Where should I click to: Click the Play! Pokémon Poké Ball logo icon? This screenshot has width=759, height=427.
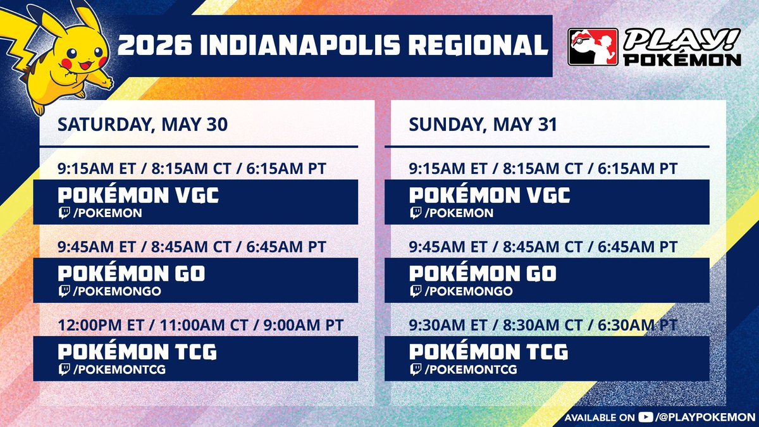[x=593, y=47]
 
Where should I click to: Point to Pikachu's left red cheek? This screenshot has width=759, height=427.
[x=67, y=63]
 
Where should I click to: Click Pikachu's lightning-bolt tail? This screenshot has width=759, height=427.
[x=15, y=37]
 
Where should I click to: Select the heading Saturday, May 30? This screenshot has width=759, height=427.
[x=142, y=125]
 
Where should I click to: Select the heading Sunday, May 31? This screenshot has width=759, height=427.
[x=483, y=125]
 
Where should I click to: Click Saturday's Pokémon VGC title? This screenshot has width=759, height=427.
[x=139, y=195]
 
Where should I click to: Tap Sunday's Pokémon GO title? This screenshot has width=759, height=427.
[x=483, y=273]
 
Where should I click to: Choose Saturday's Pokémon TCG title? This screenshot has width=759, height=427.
[x=137, y=352]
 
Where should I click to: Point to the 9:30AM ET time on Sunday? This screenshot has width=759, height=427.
[x=448, y=325]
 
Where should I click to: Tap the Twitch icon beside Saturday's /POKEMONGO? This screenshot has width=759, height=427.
[x=64, y=291]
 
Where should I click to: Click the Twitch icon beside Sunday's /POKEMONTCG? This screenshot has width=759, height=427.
[x=416, y=369]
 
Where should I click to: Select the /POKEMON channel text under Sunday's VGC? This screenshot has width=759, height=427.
[x=459, y=213]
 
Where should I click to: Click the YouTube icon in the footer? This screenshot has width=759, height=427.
[x=645, y=417]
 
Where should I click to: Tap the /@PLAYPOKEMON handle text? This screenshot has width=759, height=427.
[x=705, y=417]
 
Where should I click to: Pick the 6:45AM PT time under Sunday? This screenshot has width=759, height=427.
[x=638, y=247]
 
